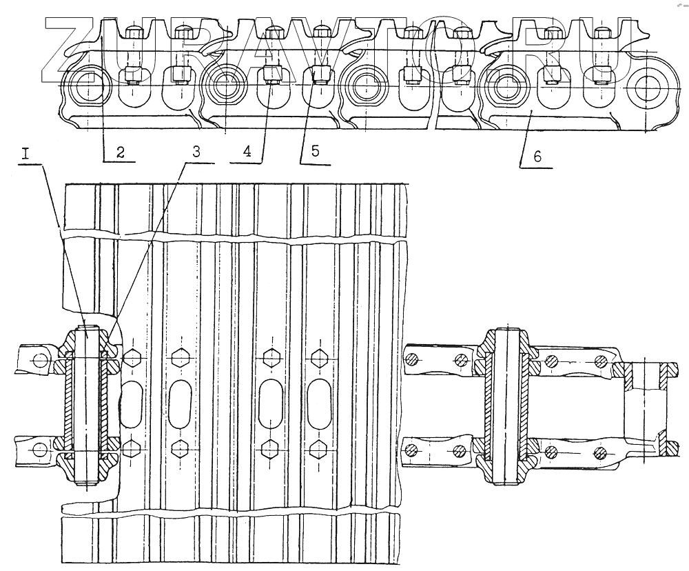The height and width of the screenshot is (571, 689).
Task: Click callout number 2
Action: tap(120, 153)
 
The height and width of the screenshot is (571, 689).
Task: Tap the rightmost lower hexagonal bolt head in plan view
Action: tap(318, 449)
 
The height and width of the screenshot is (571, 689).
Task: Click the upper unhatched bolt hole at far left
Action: tap(39, 359)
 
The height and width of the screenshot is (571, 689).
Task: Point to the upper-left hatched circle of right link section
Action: tap(412, 359)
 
